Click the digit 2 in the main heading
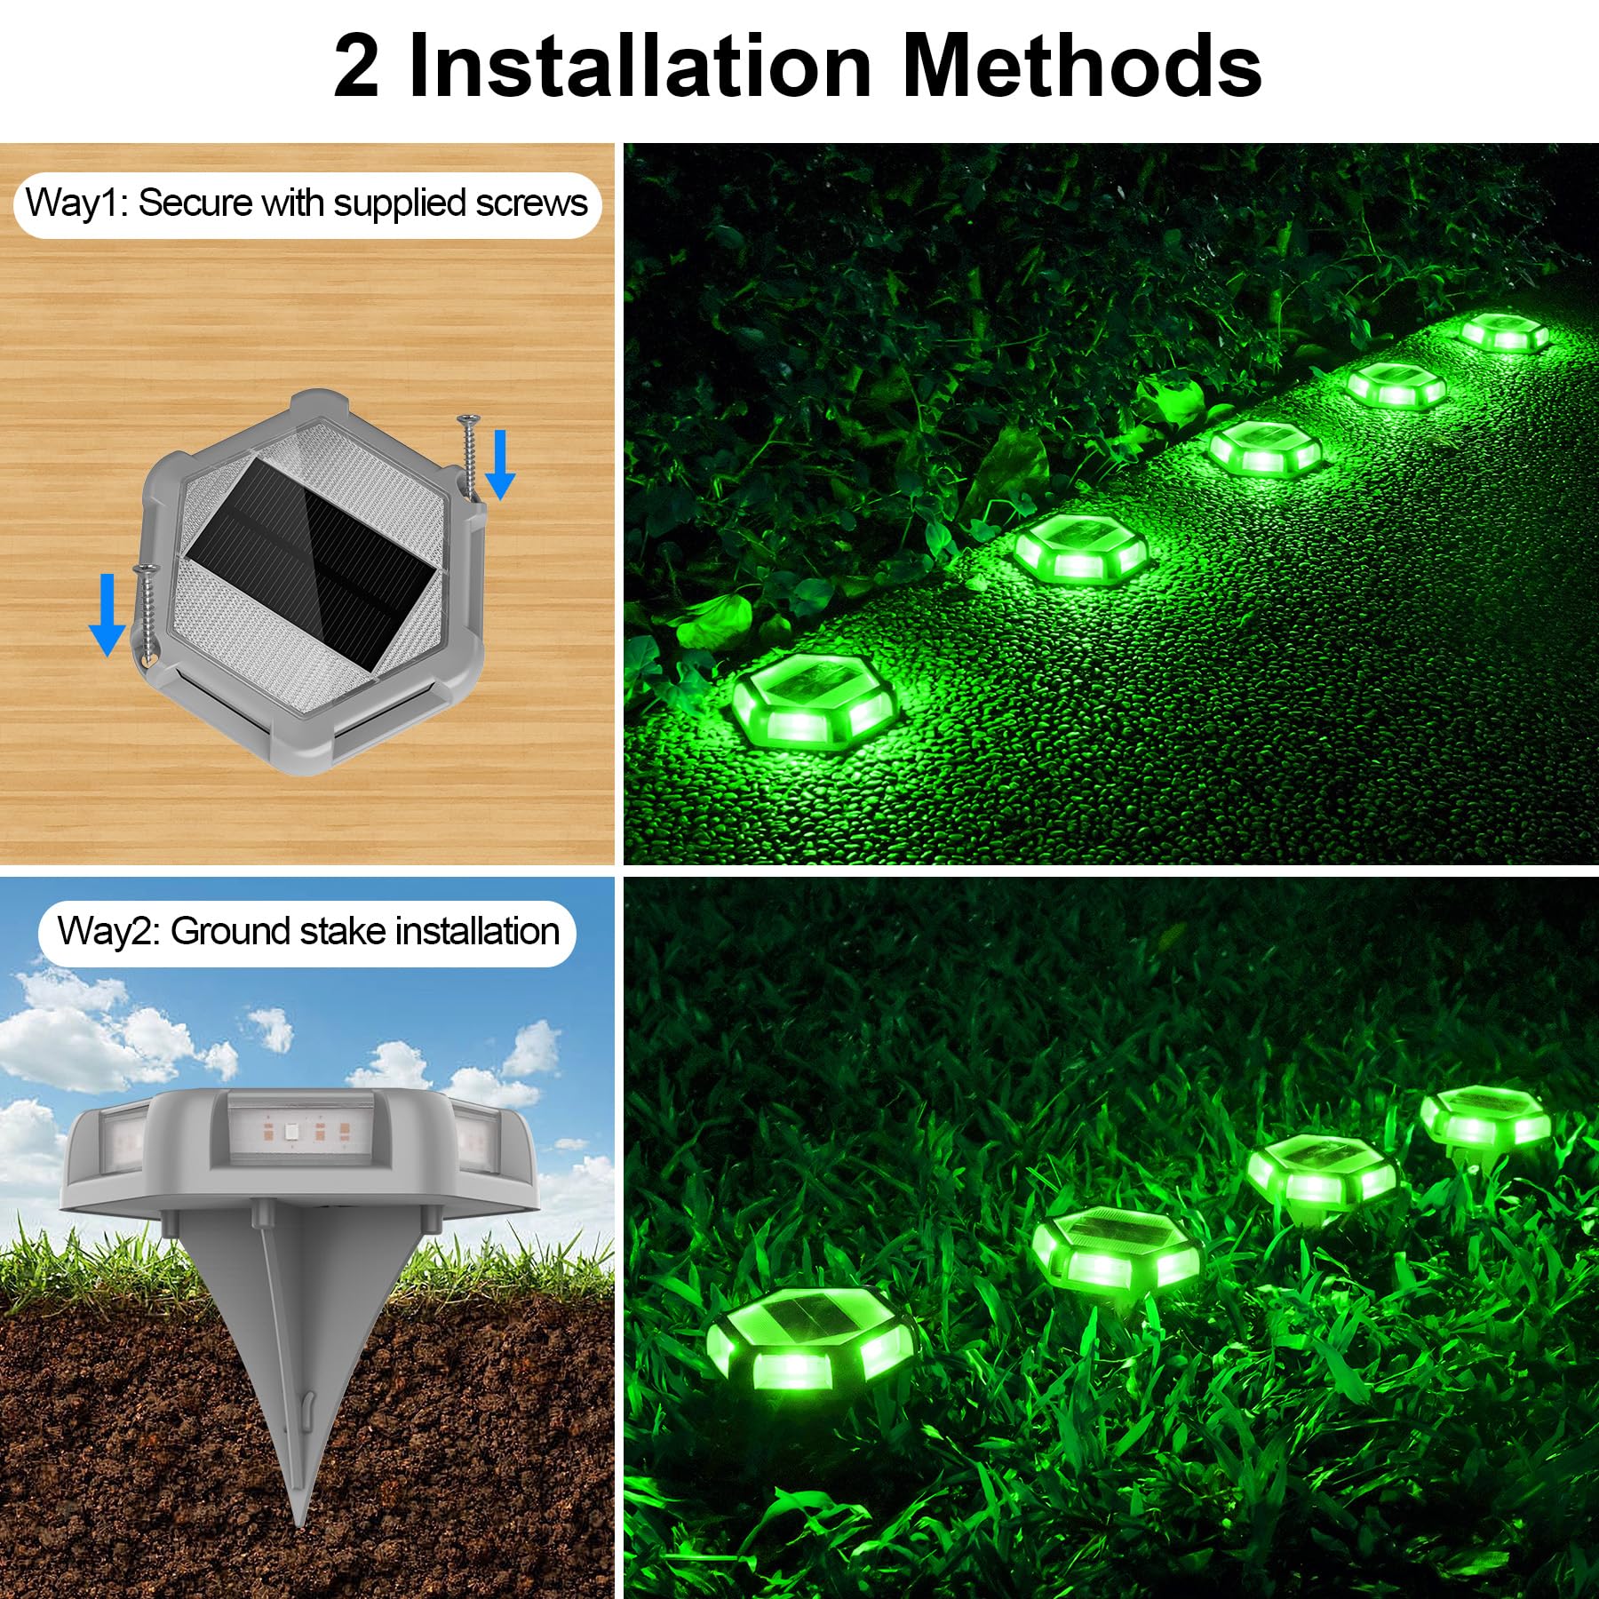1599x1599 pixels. coord(356,68)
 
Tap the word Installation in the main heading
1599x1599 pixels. coord(640,68)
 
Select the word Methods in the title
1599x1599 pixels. coord(1081,68)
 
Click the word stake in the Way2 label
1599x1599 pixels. coord(344,932)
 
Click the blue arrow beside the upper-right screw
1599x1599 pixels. coord(500,464)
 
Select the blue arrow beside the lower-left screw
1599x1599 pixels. coord(107,614)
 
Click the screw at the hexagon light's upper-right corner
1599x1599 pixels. coord(468,453)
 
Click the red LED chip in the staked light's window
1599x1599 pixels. coord(289,1133)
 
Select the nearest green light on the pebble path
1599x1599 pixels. coord(815,702)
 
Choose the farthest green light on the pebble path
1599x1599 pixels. coord(1502,332)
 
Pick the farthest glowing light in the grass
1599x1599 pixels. coord(1484,1116)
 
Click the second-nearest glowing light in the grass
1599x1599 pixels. coord(1116,1248)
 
